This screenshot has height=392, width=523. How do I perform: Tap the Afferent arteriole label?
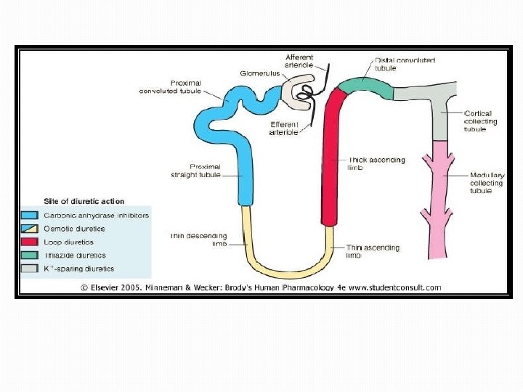(x=299, y=60)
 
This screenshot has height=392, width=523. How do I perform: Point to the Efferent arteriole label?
(x=284, y=128)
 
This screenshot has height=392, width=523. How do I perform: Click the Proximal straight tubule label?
(x=194, y=171)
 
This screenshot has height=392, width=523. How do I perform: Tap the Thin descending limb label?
(x=198, y=240)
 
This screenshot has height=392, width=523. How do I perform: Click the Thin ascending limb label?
(x=373, y=251)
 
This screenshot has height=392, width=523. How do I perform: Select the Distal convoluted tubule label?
(x=405, y=64)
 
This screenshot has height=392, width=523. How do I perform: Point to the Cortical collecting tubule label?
(x=480, y=121)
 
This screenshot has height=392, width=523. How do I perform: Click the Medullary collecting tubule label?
(x=486, y=183)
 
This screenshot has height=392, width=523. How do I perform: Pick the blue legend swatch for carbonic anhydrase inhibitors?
(x=30, y=216)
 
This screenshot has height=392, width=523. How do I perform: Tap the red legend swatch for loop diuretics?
(x=30, y=242)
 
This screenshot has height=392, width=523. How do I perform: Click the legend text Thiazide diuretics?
(x=74, y=256)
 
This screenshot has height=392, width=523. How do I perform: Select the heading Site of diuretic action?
(x=84, y=201)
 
